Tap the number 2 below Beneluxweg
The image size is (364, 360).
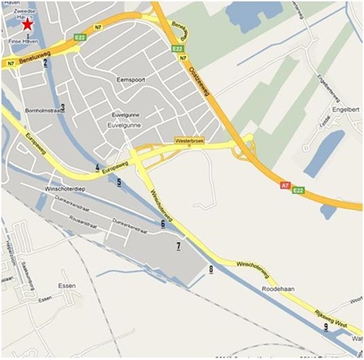[45, 63]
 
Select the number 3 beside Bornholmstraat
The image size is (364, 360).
[63, 107]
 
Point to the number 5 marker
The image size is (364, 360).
[118, 182]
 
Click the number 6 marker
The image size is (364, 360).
[162, 223]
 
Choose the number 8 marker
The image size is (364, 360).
[211, 269]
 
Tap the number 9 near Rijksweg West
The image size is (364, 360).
[326, 327]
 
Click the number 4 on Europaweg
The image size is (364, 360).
[97, 167]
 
